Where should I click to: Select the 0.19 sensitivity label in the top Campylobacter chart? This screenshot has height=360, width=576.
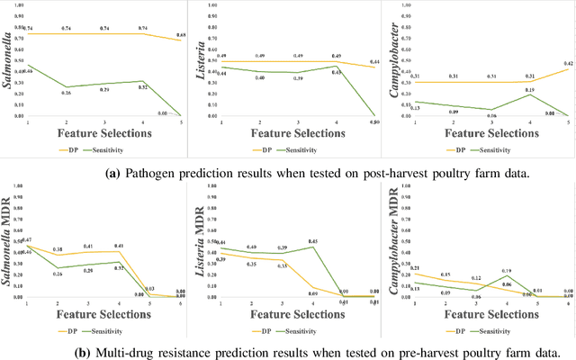[529, 90]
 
